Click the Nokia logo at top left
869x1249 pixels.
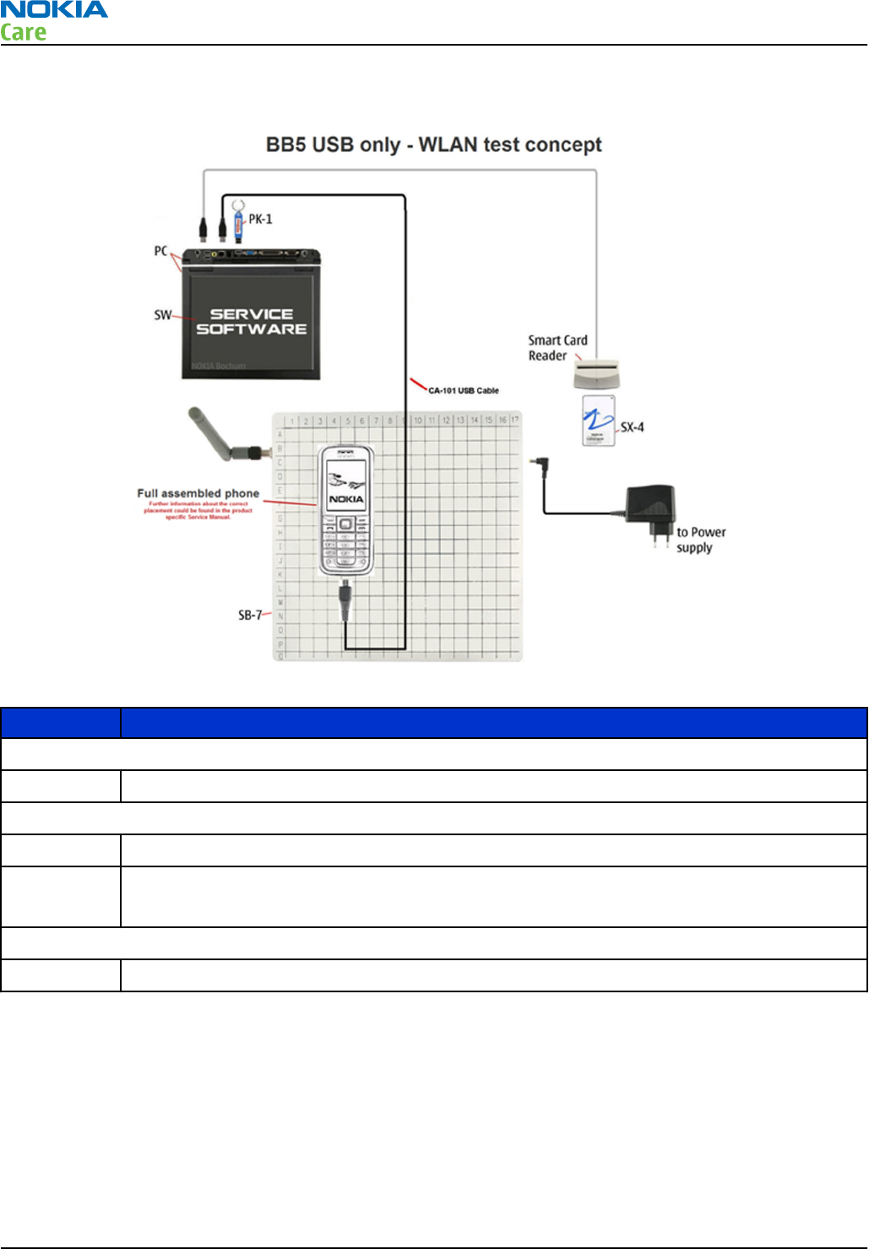click(54, 10)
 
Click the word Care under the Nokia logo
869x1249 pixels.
click(24, 33)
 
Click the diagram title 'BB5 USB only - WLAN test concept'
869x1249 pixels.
click(433, 145)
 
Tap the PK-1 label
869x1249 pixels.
click(260, 220)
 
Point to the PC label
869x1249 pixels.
click(160, 251)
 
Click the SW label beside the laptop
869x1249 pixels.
click(162, 315)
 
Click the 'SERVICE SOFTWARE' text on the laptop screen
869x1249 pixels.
click(252, 322)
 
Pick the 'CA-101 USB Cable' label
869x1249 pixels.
click(464, 391)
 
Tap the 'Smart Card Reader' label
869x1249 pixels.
click(557, 348)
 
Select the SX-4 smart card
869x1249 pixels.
click(598, 421)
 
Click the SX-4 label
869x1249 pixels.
click(633, 427)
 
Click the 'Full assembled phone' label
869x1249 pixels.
click(198, 493)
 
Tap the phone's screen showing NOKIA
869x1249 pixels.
click(346, 486)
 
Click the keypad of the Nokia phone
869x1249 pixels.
click(345, 544)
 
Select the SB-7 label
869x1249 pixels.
click(249, 616)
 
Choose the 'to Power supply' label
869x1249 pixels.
click(700, 540)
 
